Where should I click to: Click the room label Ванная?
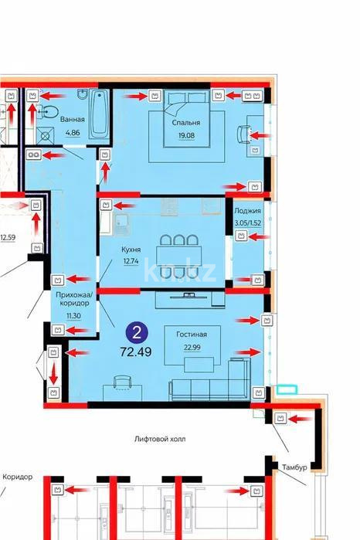(x=72, y=120)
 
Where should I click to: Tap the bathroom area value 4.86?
(x=73, y=133)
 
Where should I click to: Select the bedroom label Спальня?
(x=186, y=123)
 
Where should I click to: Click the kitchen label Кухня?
(x=131, y=250)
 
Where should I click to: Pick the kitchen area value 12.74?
(x=131, y=262)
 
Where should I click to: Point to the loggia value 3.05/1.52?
(x=247, y=222)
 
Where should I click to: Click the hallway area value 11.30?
(x=73, y=317)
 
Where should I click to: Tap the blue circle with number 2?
(x=137, y=334)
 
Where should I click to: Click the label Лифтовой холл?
(x=160, y=439)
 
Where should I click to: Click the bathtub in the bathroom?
(x=99, y=114)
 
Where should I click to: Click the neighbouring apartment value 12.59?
(x=8, y=238)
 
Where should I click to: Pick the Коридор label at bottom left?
(x=17, y=477)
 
